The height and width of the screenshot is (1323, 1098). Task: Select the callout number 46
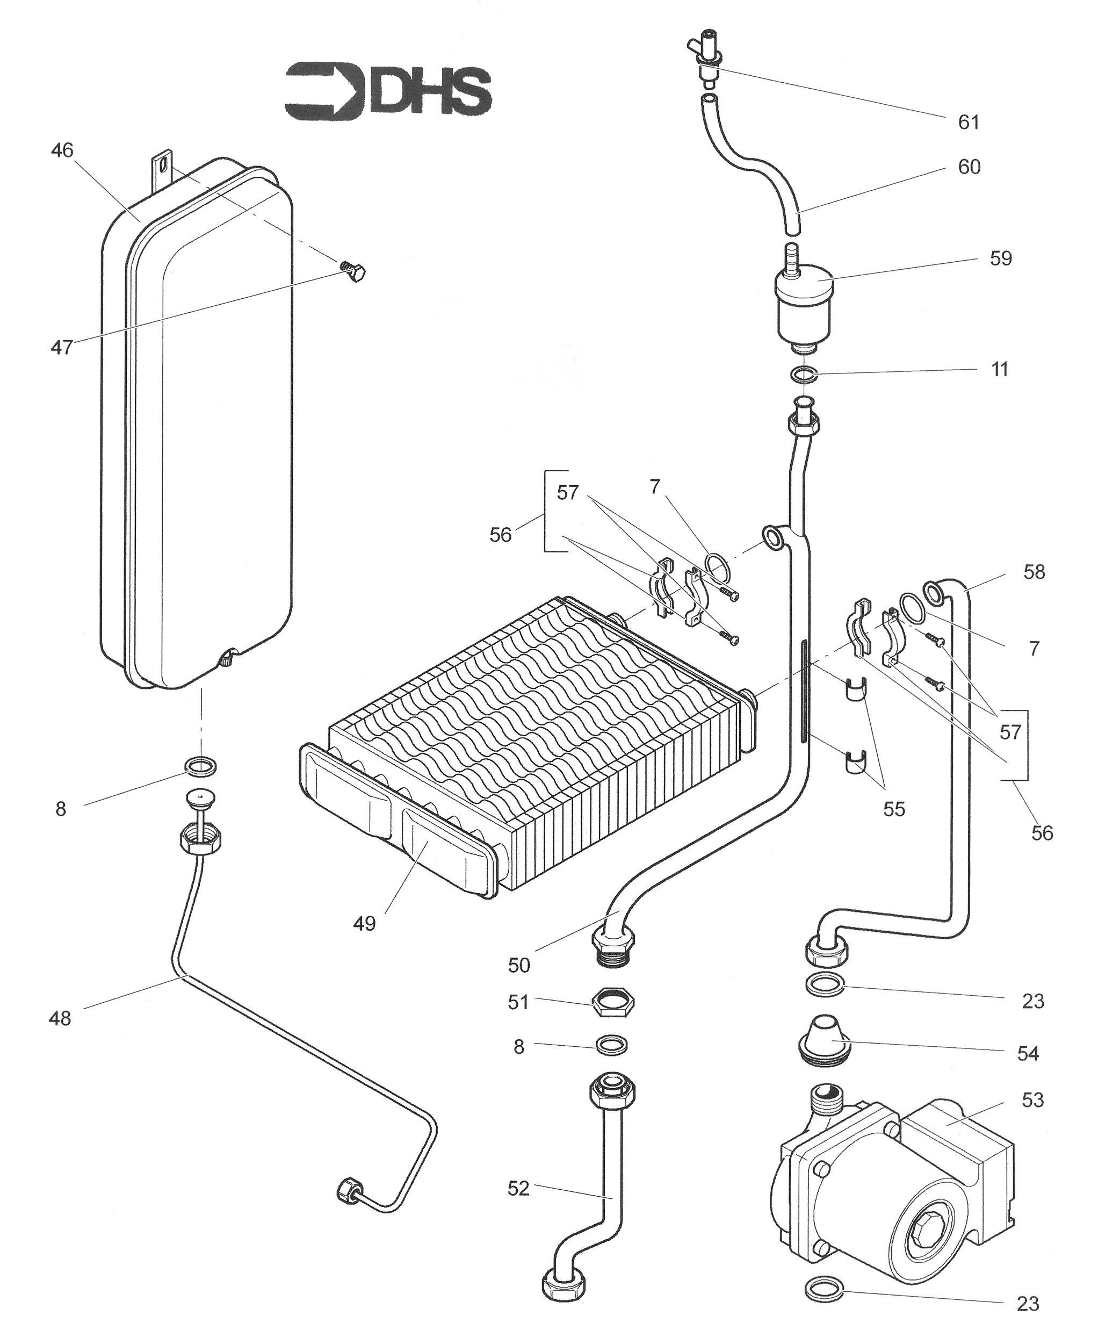[62, 150]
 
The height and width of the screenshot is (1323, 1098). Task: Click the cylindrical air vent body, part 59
[804, 308]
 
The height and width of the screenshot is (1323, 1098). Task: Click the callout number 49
[364, 924]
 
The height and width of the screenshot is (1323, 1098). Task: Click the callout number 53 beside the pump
[1032, 1099]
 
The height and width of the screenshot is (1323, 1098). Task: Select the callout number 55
[893, 808]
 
